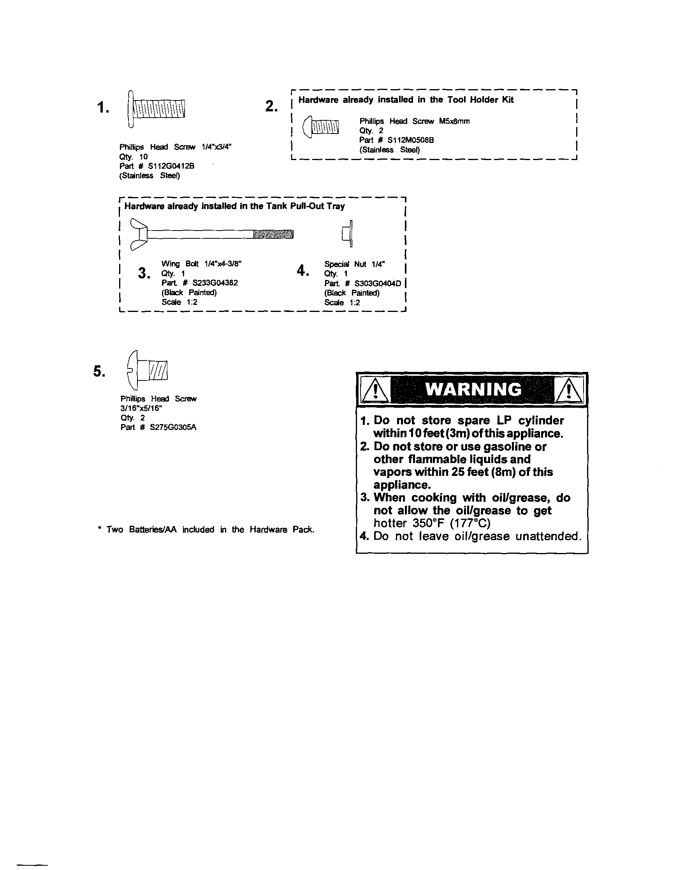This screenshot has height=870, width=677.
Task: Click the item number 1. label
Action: [x=103, y=107]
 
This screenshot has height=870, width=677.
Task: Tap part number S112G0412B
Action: [x=171, y=166]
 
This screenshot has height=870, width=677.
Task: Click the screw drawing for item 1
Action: [x=156, y=108]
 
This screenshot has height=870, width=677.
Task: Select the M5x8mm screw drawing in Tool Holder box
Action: [x=322, y=127]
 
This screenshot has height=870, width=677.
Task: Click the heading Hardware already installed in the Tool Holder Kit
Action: [x=406, y=100]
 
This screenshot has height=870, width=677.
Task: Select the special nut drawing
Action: [x=347, y=233]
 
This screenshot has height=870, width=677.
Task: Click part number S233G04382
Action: [x=215, y=283]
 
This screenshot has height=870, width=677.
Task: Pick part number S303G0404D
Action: [x=378, y=283]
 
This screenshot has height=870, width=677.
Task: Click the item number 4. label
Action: [x=302, y=271]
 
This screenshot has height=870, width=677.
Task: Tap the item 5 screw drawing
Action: [x=147, y=370]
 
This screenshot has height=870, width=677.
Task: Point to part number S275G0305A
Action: [x=173, y=428]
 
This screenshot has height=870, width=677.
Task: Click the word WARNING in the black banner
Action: [x=473, y=389]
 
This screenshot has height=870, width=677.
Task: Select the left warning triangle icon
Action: [x=375, y=390]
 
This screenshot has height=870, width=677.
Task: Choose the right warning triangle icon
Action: [x=569, y=390]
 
